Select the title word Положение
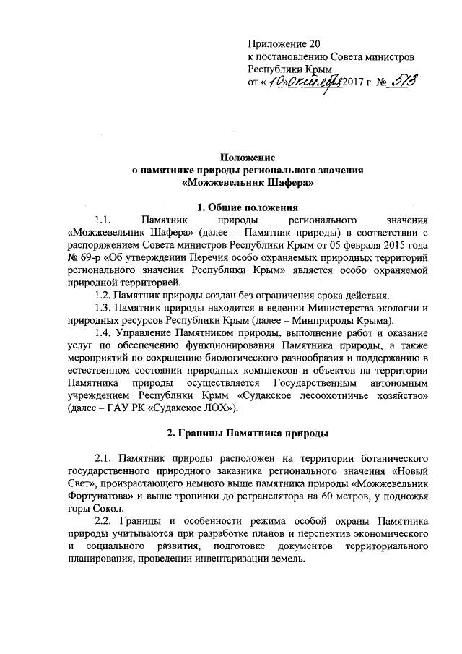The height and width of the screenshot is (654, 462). [249, 158]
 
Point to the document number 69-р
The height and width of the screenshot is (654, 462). [93, 256]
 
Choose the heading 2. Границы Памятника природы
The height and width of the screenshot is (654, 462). [249, 434]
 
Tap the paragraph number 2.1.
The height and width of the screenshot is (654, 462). [104, 458]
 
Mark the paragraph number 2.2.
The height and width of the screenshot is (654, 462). [104, 522]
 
